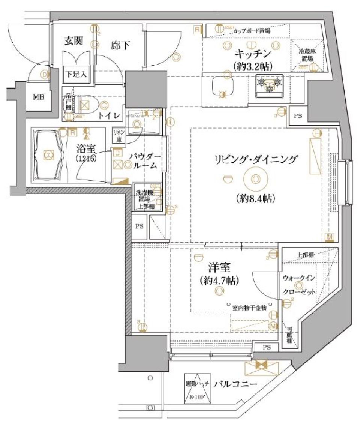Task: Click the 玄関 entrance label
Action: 73,41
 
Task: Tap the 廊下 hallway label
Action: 120,45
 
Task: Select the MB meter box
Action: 38,97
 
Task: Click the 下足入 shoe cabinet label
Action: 76,74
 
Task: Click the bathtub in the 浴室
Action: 48,154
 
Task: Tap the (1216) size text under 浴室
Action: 87,159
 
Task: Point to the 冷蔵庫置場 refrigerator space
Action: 306,55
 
